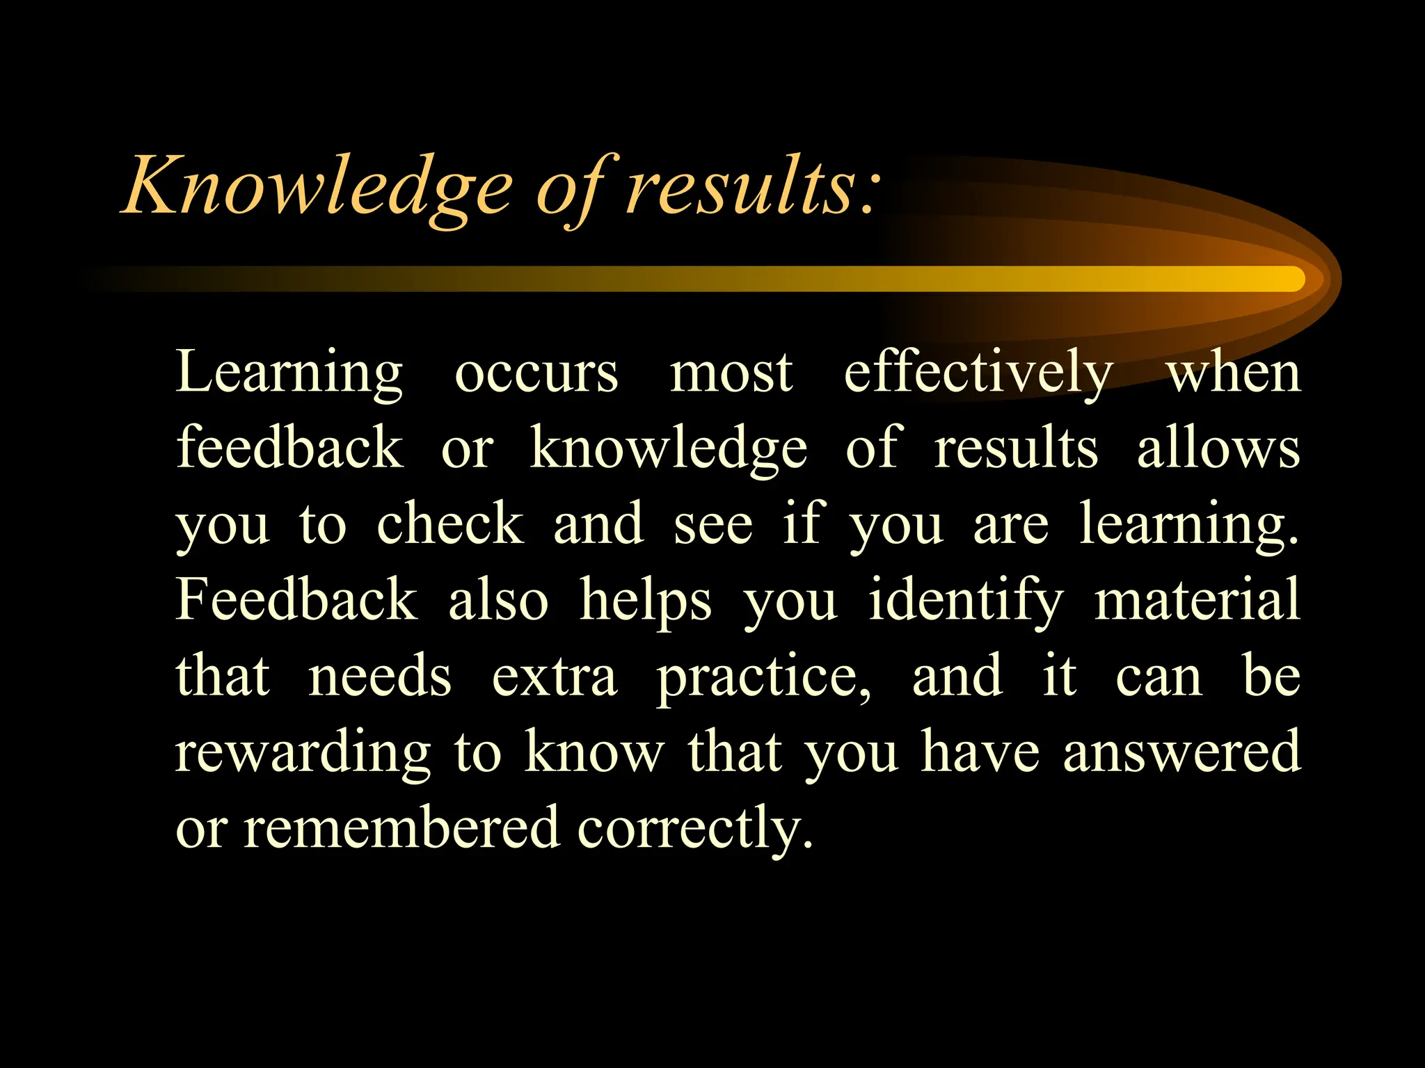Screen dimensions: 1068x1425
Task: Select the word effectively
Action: [978, 374]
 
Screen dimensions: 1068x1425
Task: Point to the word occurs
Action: [536, 374]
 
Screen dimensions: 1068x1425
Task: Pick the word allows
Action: [1218, 448]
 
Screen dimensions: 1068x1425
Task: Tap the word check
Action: [449, 524]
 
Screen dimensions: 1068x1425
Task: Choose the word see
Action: [712, 524]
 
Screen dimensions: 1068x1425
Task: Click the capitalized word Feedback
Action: [296, 599]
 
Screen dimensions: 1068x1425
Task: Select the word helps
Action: [646, 601]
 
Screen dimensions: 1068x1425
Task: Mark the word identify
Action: [966, 601]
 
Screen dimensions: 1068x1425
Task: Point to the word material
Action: [1197, 599]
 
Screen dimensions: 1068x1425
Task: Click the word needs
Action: [380, 676]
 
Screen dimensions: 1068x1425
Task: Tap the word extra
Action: [555, 677]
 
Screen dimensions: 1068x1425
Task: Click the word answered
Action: [1181, 752]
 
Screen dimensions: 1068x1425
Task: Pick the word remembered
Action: [401, 827]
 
